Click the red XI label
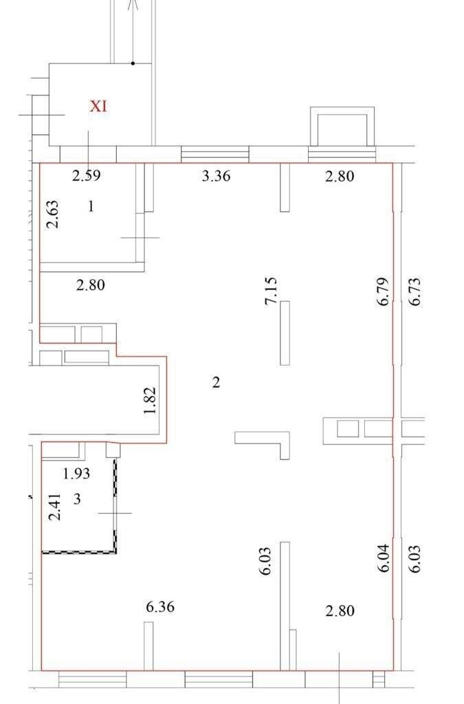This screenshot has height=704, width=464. pos(98,107)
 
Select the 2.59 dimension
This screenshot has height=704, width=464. pos(86,175)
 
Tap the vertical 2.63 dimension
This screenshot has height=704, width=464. pos(53,214)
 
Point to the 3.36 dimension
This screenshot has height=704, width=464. pos(217,175)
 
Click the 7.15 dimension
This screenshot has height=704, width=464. pos(271,291)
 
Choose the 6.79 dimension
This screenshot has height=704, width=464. pos(383,291)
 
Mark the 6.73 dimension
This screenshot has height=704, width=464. pos(415,291)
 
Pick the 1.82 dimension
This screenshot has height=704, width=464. pos(151,401)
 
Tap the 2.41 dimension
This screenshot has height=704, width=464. pos(55,507)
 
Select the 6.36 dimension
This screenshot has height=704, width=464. pos(160,607)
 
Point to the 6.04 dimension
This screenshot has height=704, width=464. pos(383,558)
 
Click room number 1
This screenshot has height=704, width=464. pos(91,206)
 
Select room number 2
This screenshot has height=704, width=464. pos(216,382)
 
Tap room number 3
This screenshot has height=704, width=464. pos(77,498)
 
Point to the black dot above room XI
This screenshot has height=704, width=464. pos(133,63)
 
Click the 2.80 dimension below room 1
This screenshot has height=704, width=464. pos(91,285)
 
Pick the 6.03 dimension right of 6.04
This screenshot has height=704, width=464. pos(415,558)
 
